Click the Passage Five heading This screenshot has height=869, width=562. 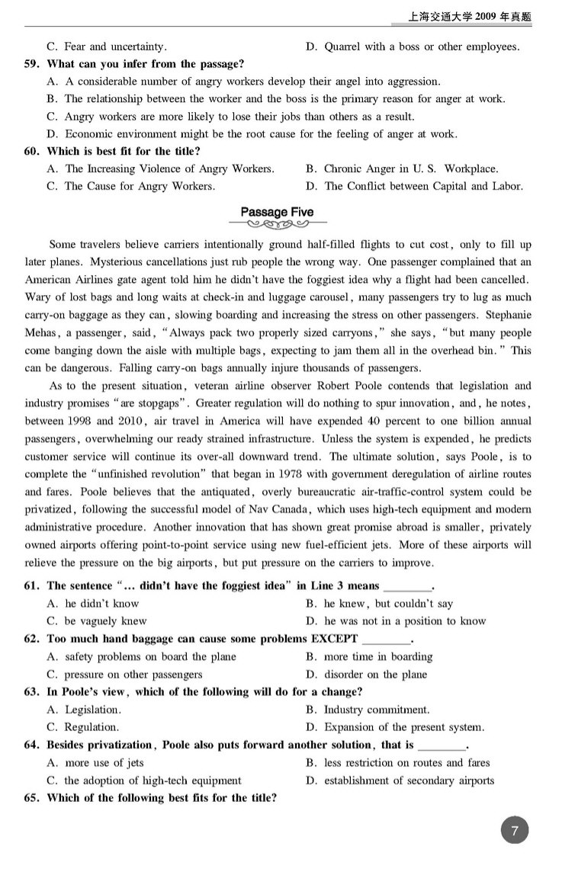coord(276,212)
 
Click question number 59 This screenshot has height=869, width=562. coord(32,64)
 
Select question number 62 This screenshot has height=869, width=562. coord(32,639)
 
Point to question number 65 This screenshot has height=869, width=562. coord(32,798)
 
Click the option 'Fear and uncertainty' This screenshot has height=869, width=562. coord(115,46)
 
